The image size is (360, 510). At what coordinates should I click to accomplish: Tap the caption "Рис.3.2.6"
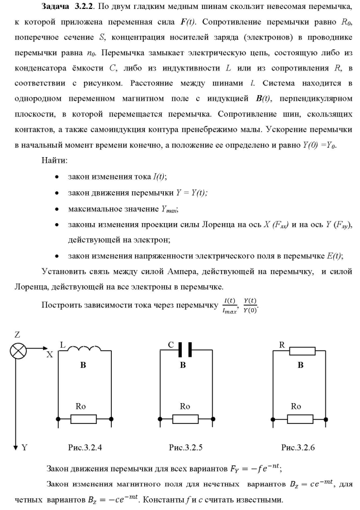(x=302, y=447)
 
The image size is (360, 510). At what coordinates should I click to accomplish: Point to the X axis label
(x=50, y=355)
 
